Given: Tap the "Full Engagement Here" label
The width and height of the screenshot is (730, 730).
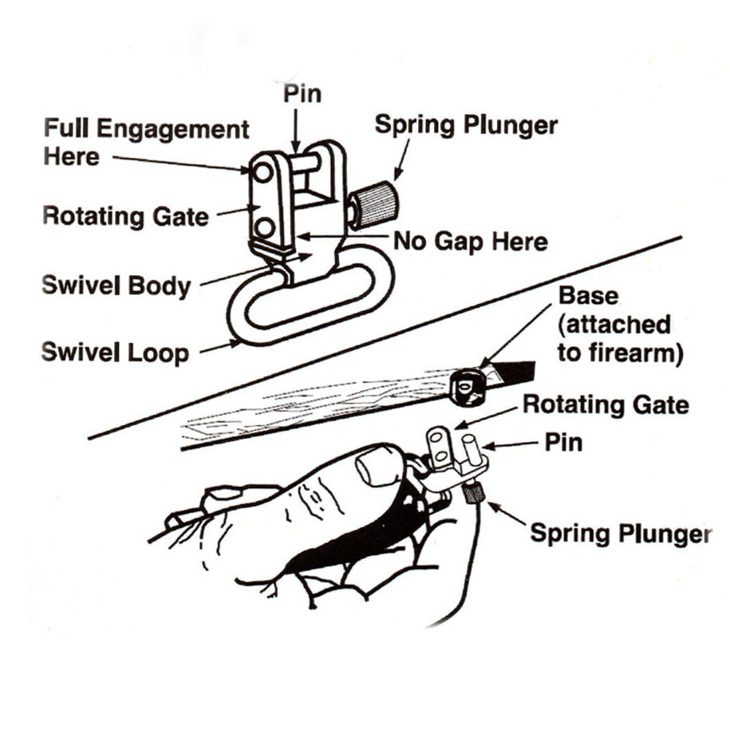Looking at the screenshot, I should pyautogui.click(x=146, y=141).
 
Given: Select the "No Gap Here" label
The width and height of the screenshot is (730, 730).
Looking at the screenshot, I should pyautogui.click(x=471, y=240).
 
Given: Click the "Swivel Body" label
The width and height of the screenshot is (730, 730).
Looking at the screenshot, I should pyautogui.click(x=116, y=285).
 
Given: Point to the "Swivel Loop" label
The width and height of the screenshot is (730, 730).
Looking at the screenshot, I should pyautogui.click(x=115, y=351).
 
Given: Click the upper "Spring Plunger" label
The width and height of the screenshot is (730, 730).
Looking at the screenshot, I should pyautogui.click(x=466, y=125).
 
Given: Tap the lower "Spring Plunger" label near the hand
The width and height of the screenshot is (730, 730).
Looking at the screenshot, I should pyautogui.click(x=621, y=533).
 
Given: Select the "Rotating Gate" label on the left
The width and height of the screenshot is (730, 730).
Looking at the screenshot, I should pyautogui.click(x=125, y=215).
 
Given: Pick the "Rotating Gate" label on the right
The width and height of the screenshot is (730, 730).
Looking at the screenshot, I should pyautogui.click(x=606, y=404).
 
